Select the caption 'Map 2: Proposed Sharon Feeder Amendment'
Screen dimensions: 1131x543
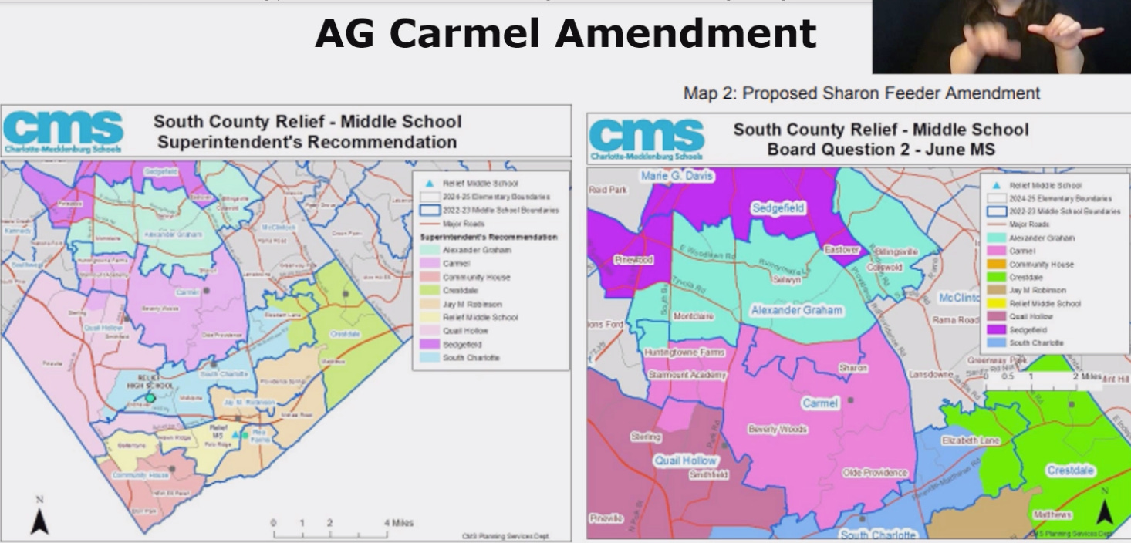click(861, 93)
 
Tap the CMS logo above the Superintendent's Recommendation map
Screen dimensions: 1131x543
click(63, 131)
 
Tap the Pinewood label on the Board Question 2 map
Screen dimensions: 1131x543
click(633, 260)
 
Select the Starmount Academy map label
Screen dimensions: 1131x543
click(687, 376)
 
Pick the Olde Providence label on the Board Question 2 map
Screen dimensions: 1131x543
click(874, 473)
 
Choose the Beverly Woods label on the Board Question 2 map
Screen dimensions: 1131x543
click(777, 430)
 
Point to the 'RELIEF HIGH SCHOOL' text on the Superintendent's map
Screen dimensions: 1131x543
click(148, 383)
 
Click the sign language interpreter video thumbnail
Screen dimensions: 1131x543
click(1001, 36)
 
